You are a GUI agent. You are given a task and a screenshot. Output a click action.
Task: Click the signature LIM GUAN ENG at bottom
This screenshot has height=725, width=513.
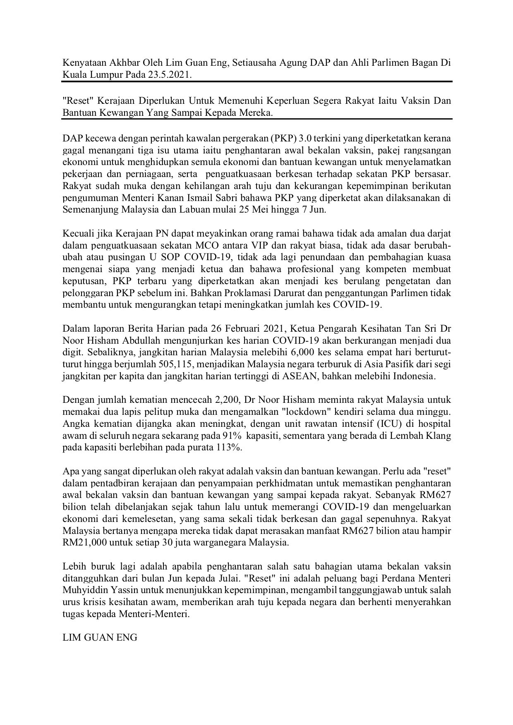click(x=100, y=637)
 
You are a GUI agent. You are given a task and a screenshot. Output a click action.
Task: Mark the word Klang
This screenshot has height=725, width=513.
click(x=439, y=436)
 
